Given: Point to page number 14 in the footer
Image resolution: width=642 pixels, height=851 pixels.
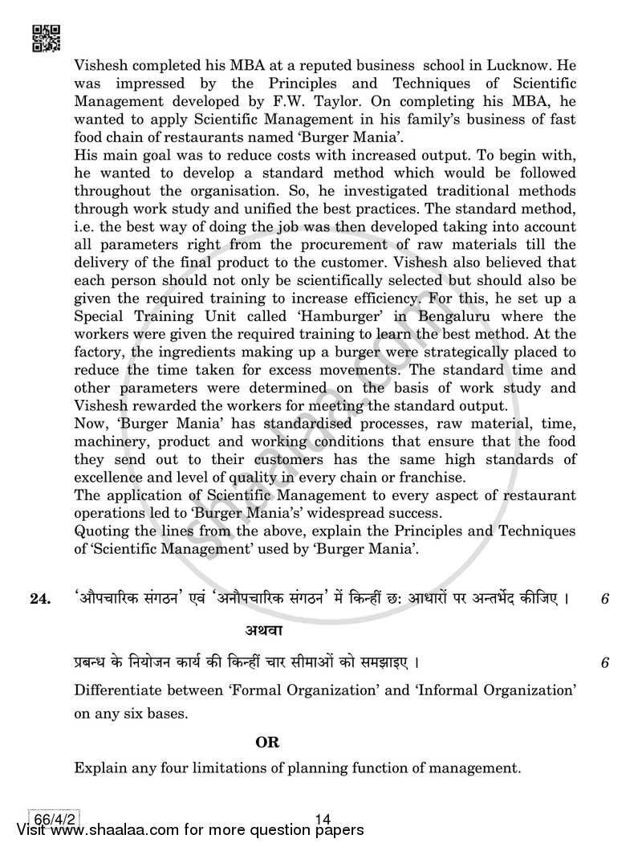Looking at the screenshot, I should point(323,819).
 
